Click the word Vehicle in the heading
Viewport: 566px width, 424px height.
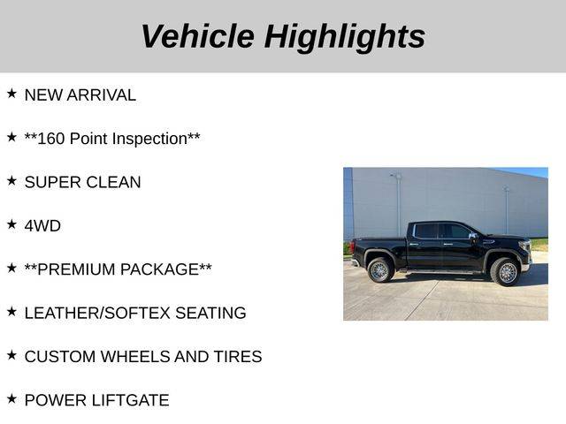[198, 36]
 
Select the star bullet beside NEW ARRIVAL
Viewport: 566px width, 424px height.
[11, 94]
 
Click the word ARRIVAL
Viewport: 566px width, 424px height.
[101, 95]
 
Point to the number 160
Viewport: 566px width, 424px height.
[51, 139]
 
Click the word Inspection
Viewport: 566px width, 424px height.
[149, 140]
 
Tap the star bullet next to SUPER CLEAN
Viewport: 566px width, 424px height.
[11, 180]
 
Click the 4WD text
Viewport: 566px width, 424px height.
[42, 226]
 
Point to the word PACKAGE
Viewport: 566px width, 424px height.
[159, 269]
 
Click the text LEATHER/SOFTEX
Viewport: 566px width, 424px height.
[97, 314]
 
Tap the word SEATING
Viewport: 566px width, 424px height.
[210, 314]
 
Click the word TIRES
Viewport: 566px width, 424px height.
[238, 357]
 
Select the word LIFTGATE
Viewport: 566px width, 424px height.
[130, 400]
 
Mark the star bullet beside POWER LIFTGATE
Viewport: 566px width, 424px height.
[11, 398]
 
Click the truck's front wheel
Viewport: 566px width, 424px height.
[506, 272]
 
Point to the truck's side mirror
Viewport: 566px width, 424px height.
[472, 237]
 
